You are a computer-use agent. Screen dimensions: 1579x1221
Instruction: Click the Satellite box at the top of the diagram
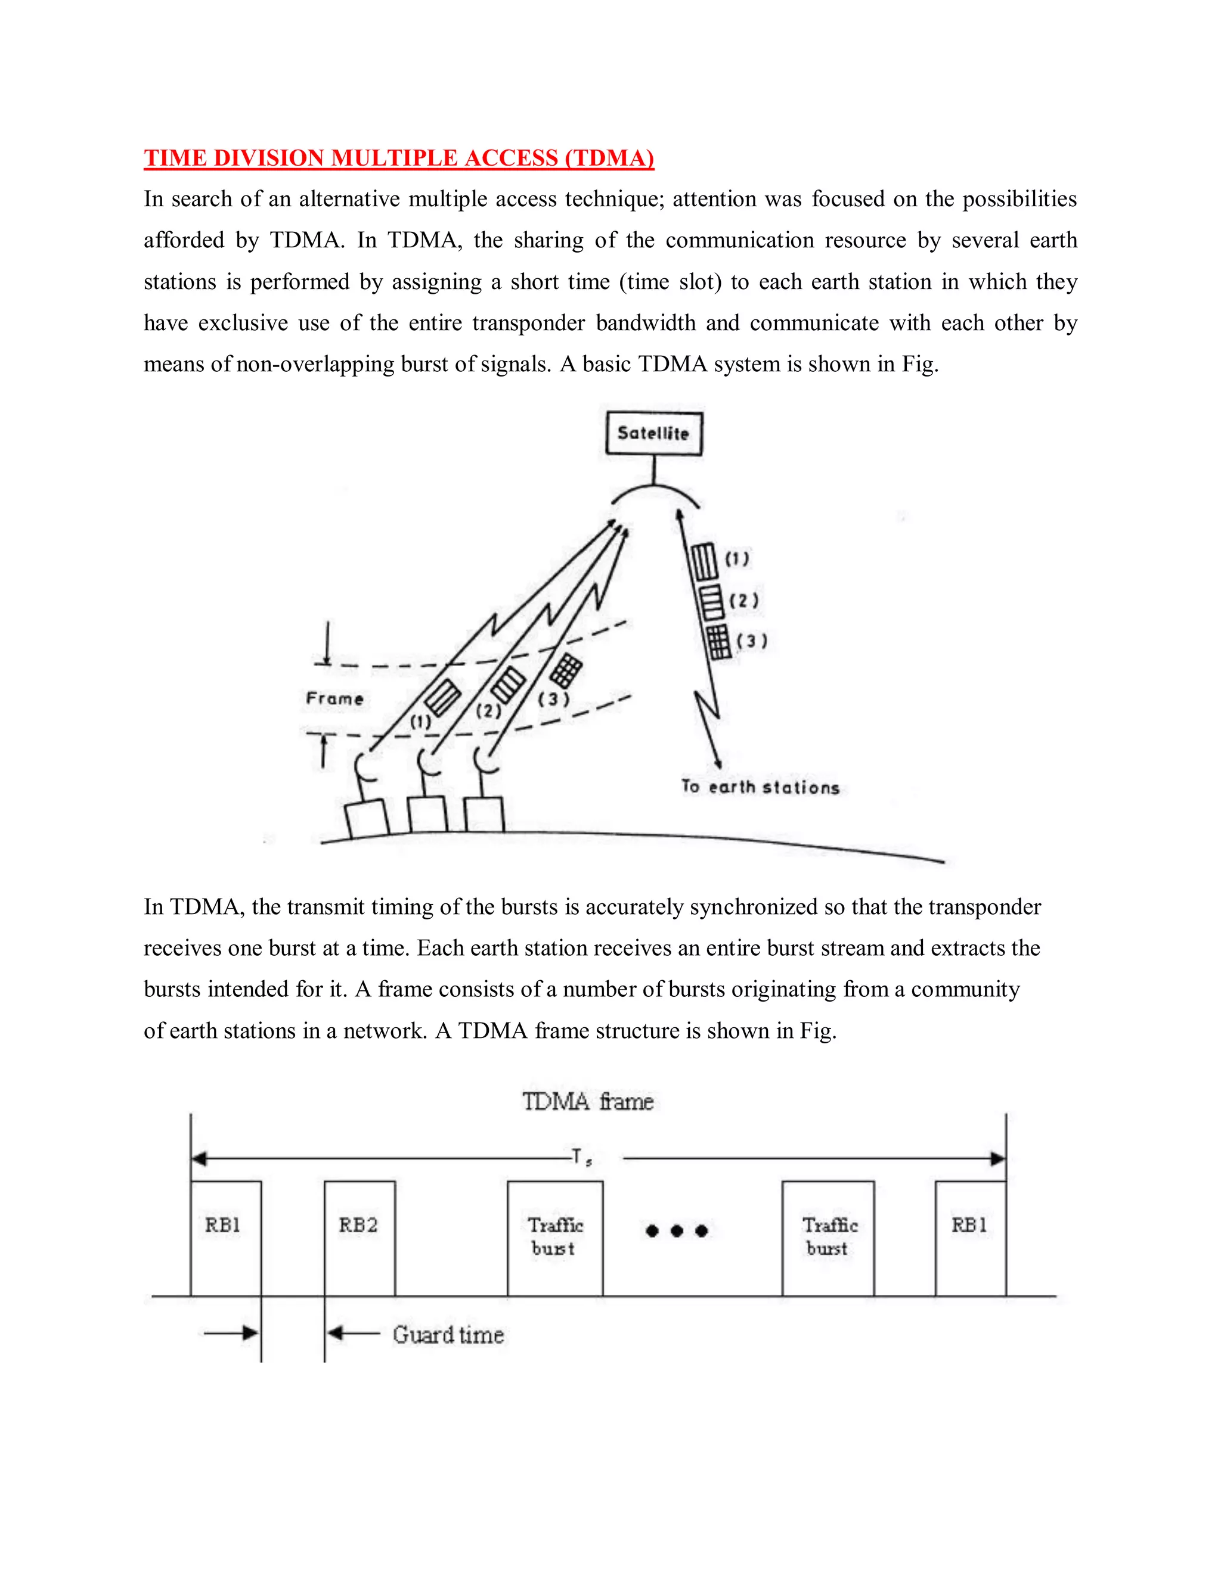coord(653,433)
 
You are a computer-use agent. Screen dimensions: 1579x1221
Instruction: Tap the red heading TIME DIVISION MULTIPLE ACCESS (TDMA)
coord(399,158)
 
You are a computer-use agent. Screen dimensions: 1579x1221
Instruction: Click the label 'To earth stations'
coord(760,787)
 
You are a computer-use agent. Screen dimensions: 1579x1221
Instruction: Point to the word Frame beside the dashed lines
coord(334,698)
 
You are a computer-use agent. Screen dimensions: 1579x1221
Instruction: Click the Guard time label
coord(448,1334)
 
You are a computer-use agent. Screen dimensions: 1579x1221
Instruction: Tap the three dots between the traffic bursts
coord(676,1230)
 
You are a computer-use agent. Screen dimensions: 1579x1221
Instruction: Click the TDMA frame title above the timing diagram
coord(587,1101)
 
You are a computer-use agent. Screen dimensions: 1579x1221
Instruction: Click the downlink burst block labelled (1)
coord(703,562)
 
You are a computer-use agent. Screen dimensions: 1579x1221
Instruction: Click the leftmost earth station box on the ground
coord(367,819)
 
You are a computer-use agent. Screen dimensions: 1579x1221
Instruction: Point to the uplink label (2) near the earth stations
coord(488,711)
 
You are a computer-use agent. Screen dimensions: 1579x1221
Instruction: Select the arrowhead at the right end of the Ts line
coord(997,1158)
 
